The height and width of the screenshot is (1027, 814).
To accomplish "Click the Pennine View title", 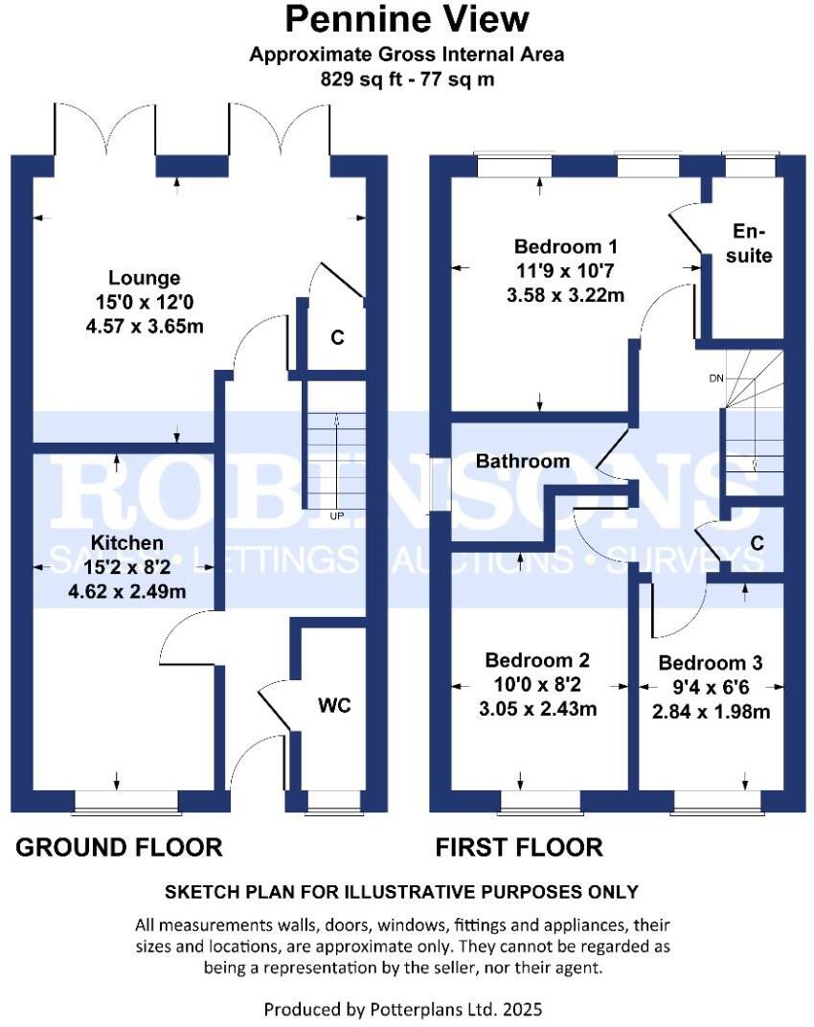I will (407, 19).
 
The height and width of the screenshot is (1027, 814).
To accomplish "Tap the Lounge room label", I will (144, 279).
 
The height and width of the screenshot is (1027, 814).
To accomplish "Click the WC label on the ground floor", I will (334, 706).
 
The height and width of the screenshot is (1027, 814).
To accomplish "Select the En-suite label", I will (751, 243).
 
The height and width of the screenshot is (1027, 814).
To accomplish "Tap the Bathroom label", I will (523, 461).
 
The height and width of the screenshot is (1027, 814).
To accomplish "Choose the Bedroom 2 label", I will (537, 661).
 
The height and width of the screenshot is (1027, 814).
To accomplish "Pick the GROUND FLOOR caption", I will (119, 847).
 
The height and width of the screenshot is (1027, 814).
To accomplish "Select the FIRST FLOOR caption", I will (519, 847).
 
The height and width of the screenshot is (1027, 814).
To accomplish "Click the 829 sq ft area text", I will (407, 80).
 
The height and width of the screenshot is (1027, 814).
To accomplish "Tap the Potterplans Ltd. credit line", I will (407, 1009).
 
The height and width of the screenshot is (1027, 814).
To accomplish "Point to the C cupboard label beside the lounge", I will (336, 338).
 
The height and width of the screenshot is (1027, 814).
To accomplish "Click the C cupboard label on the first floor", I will (757, 543).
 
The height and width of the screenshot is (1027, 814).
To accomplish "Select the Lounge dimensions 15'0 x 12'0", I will (144, 303).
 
